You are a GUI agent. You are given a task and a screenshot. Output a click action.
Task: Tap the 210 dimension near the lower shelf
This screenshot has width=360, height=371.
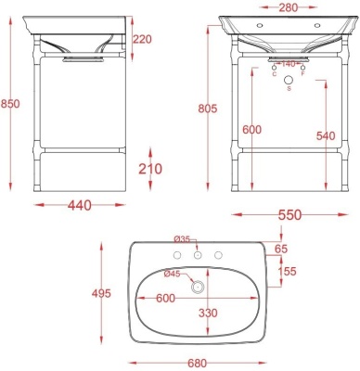tap(149, 168)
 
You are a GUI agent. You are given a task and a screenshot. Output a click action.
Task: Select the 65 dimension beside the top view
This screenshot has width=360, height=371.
tap(282, 249)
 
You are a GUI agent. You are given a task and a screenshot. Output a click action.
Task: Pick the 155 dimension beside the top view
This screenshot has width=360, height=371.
tap(289, 271)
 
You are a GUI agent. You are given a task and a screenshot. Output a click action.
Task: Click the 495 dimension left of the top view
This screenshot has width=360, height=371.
tap(102, 294)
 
